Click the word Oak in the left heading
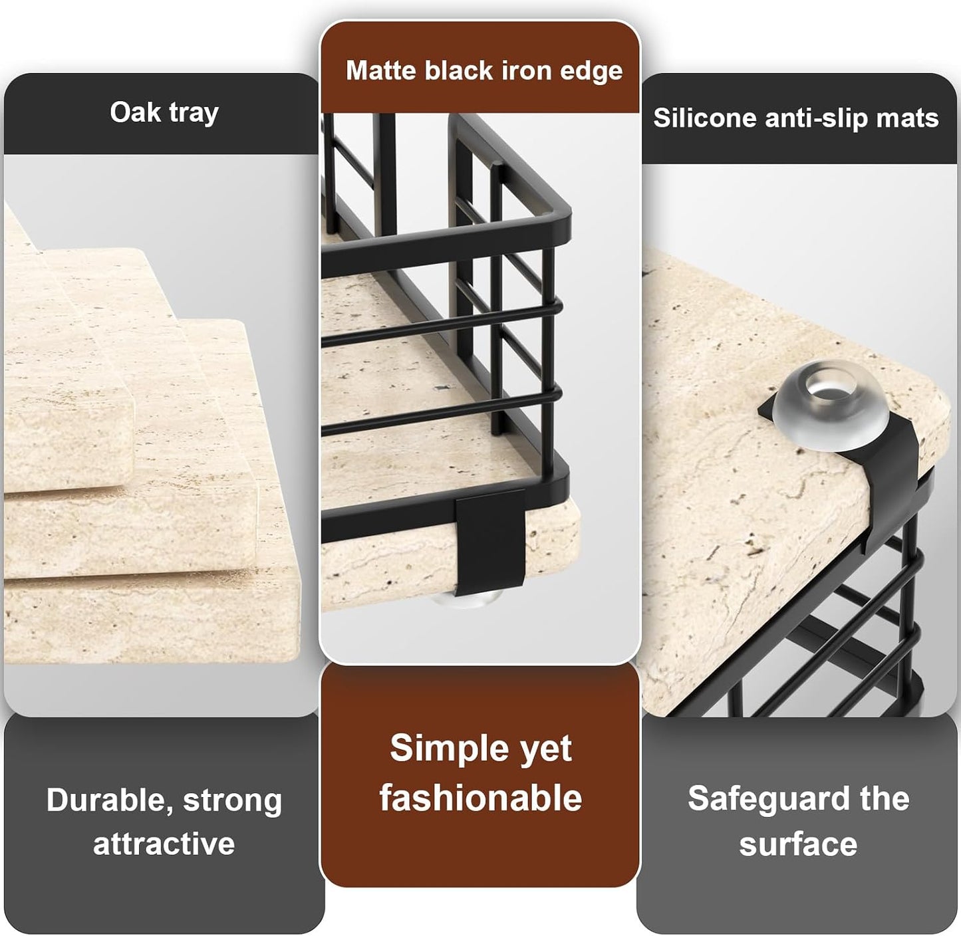click(x=135, y=112)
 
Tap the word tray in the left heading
click(x=194, y=114)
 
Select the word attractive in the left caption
click(x=164, y=844)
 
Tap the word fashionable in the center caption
click(x=480, y=798)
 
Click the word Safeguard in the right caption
click(x=770, y=800)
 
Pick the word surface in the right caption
click(x=798, y=844)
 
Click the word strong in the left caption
click(x=233, y=801)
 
